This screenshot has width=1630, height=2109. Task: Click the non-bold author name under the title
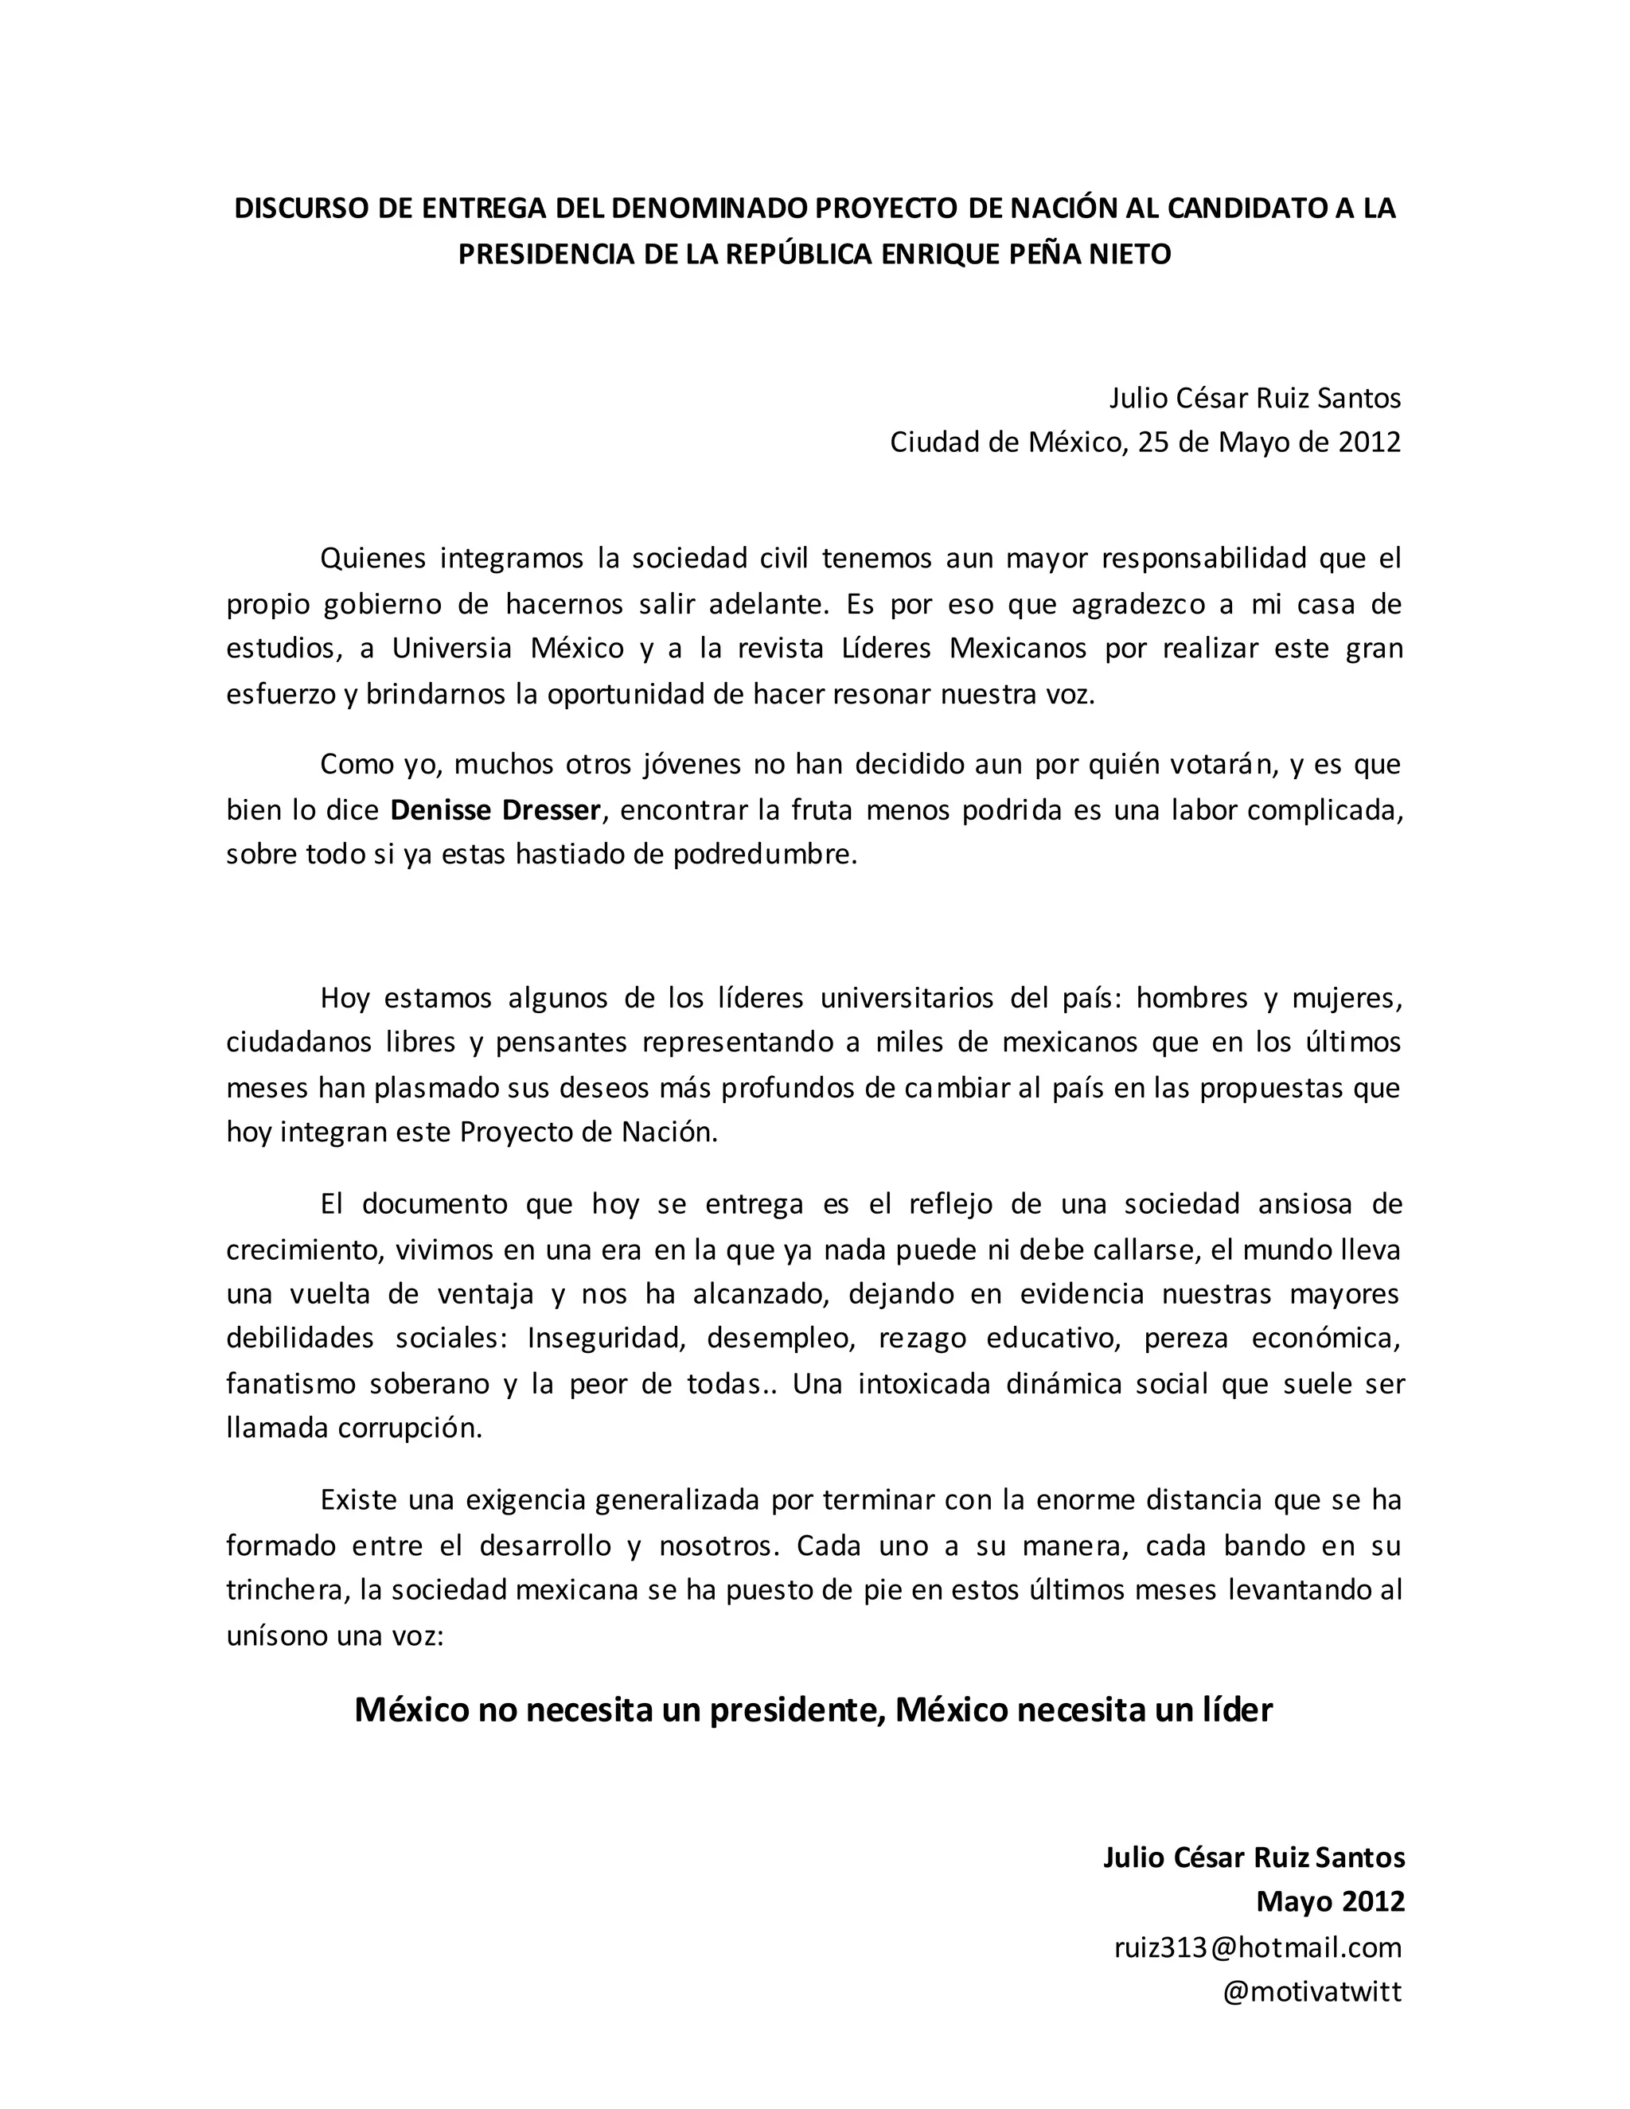coord(1254,397)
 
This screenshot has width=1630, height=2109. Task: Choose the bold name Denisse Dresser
coord(495,809)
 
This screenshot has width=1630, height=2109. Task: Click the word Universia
coord(452,647)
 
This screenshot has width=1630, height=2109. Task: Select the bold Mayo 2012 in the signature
coord(1330,1901)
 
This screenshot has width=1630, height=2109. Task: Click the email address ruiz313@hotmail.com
coord(1258,1947)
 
